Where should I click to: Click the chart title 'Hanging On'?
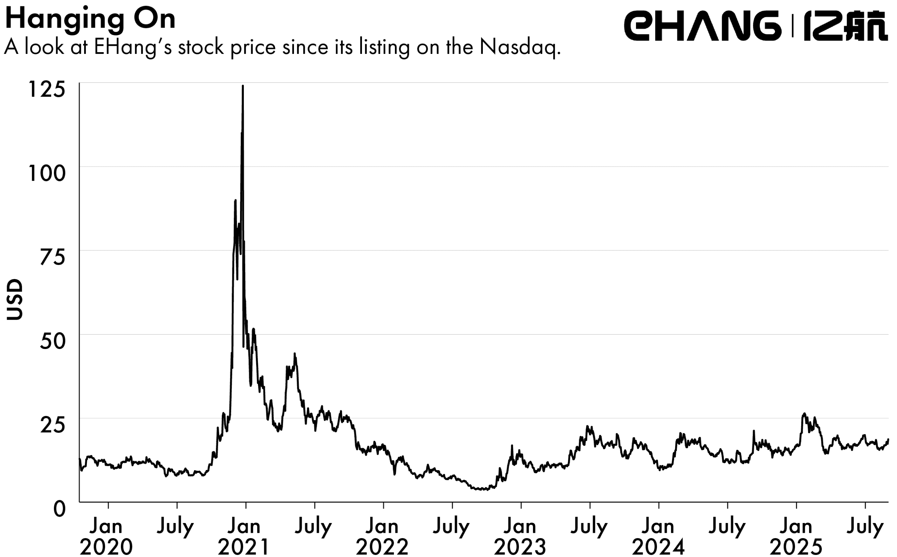coord(90,19)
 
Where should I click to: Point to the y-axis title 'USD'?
coord(15,299)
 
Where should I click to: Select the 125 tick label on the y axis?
coord(47,89)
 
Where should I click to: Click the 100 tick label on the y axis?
coord(47,173)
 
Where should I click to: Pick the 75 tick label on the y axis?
coord(52,257)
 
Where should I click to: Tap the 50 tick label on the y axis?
coord(52,341)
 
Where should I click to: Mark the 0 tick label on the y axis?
coord(59,509)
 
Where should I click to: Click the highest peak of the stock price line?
coord(242,86)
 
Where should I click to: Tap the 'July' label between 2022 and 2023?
coord(451,527)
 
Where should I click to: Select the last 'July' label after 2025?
coord(865,527)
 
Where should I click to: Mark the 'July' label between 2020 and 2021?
coord(175,527)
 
